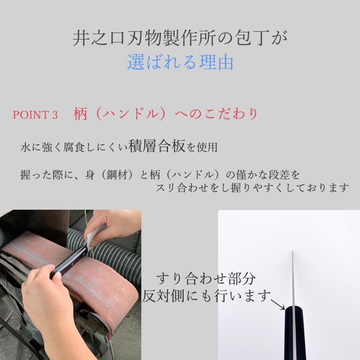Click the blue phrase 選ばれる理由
[180, 62]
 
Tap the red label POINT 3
[36, 115]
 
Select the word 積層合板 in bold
[157, 147]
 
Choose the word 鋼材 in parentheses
[120, 175]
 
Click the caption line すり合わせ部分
[206, 278]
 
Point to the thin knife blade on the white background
[293, 276]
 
